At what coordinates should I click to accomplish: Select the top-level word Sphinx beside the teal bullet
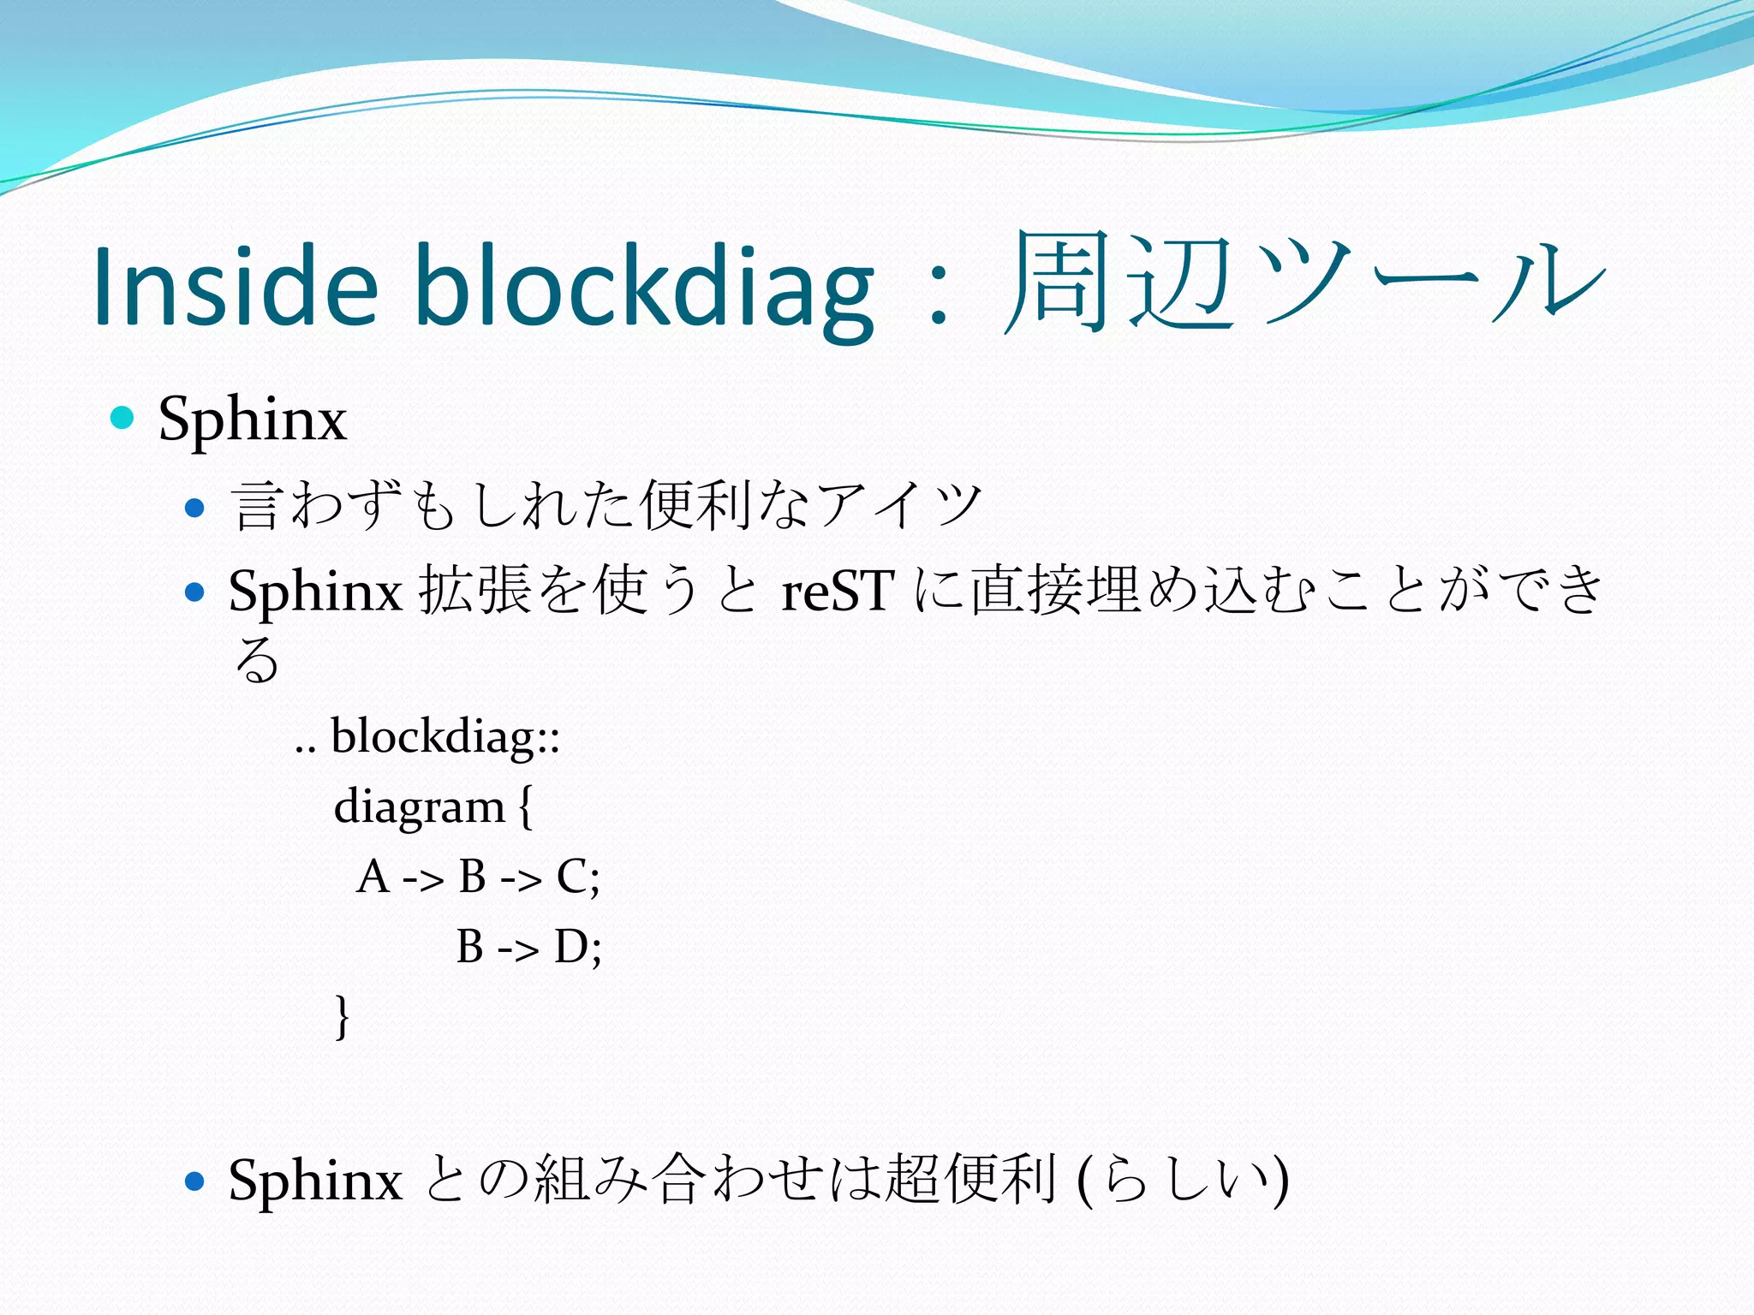[253, 419]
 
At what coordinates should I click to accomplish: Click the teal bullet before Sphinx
[123, 418]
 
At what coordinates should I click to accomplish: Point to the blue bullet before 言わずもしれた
[195, 508]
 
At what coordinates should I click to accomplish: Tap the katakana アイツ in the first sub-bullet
[899, 505]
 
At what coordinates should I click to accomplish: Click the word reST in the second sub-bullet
[838, 591]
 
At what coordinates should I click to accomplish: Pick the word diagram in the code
[419, 806]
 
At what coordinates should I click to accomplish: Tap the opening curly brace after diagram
[525, 806]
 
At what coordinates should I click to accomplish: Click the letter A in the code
[373, 877]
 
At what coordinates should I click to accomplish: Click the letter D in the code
[571, 947]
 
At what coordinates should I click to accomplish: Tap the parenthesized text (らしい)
[1183, 1180]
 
